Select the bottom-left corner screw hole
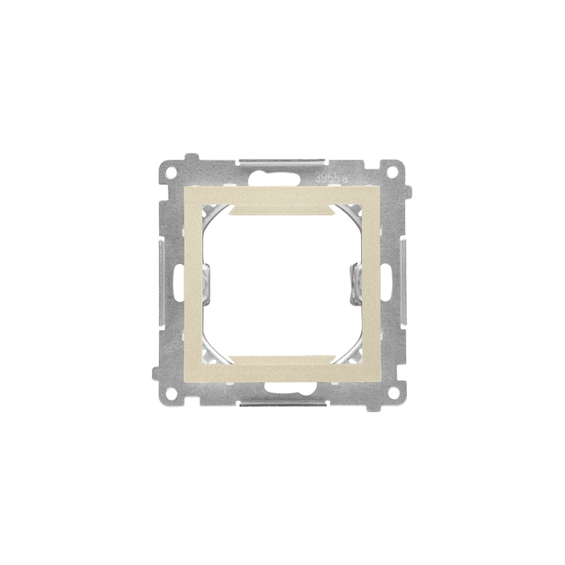(x=170, y=395)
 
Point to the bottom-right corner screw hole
(x=395, y=395)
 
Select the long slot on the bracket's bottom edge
(x=282, y=403)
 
